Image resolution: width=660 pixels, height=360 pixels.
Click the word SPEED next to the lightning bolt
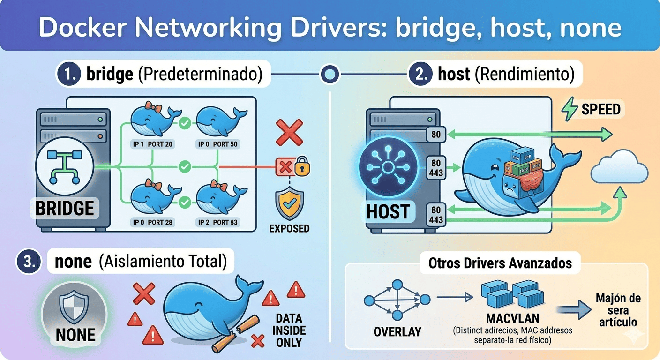[601, 110]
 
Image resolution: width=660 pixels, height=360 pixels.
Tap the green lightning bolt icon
[570, 110]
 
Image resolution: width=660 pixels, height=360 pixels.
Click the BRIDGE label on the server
[65, 208]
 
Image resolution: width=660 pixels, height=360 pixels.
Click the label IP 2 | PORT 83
[219, 222]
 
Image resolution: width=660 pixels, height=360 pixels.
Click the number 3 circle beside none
[27, 262]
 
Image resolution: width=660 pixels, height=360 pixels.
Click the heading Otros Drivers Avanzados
[500, 263]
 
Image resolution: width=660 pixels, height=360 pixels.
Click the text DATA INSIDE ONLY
[289, 330]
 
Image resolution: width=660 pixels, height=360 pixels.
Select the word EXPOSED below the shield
[289, 228]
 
